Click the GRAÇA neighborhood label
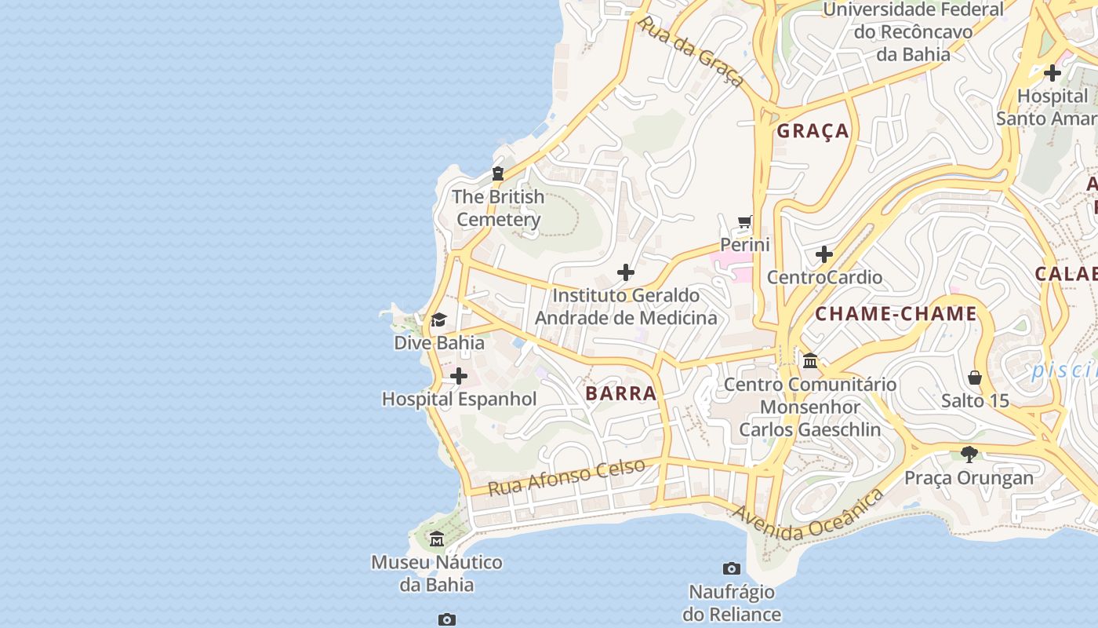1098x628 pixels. tap(813, 131)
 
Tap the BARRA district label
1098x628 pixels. tap(620, 393)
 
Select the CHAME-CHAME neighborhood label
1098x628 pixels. tap(896, 314)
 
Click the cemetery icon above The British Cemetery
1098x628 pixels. tap(497, 173)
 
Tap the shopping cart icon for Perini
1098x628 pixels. tap(744, 222)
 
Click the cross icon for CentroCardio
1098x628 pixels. tap(823, 254)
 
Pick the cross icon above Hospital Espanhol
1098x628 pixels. tap(459, 377)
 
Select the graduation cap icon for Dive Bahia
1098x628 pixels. tap(438, 320)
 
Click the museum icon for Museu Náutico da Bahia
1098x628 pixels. tap(437, 539)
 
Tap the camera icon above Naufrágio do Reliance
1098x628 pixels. tap(731, 568)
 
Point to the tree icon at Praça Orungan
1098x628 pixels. tap(969, 455)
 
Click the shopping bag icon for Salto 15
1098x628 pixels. tap(975, 378)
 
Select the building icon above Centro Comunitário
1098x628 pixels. tap(810, 361)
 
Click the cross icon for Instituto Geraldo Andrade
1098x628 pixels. tap(625, 272)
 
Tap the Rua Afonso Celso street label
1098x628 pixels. tap(566, 476)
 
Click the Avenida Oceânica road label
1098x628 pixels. tap(808, 517)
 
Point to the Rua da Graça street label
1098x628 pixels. tap(690, 51)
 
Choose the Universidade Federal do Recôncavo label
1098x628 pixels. tap(913, 31)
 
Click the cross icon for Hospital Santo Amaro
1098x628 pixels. tap(1052, 73)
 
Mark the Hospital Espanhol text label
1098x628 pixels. tap(459, 399)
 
